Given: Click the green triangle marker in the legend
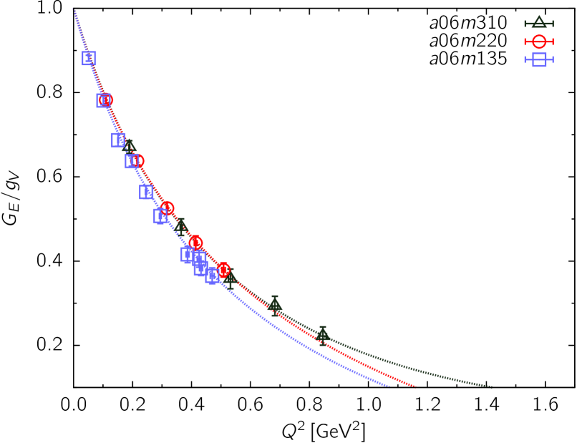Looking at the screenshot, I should pos(539,23).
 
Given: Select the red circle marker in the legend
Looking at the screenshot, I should pos(539,42).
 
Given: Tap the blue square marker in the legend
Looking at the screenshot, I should pos(539,59).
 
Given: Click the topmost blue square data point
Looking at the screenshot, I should pos(89,58).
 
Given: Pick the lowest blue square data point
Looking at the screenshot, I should pos(213,276).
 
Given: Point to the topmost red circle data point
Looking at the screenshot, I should pos(106,100).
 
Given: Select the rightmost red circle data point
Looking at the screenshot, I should pos(223,269).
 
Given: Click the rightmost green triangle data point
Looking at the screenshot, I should pos(323,334).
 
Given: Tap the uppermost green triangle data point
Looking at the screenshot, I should pos(130,147).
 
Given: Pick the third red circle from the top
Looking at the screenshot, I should pos(168,208).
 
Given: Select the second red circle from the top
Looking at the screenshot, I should pos(137,161).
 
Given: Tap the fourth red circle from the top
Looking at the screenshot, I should pos(195,243).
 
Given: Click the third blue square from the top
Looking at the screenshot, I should pos(119,140).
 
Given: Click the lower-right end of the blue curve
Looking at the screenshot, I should pos(389,386).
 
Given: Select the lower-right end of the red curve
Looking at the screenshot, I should pos(416,386).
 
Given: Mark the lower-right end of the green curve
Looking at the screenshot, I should pos(492,386).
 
